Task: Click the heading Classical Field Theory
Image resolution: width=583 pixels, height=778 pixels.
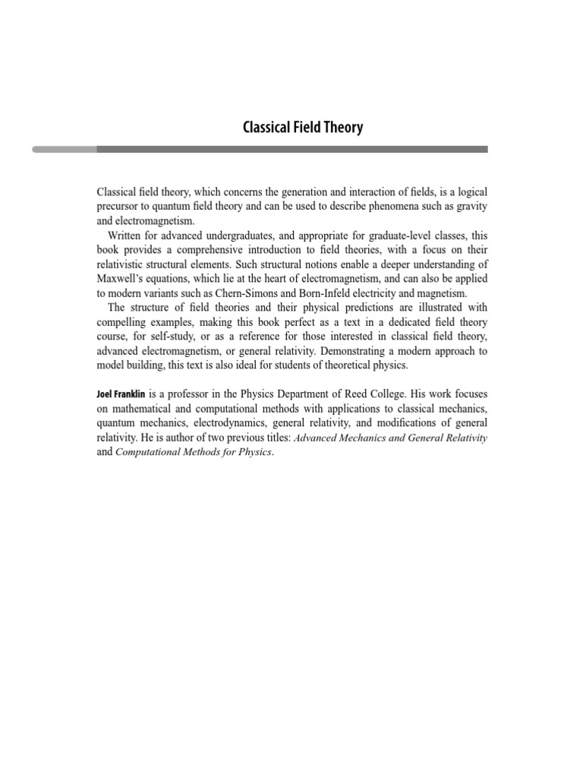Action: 302,128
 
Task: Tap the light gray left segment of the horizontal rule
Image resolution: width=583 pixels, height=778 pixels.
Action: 64,150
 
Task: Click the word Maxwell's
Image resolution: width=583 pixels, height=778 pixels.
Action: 123,278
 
